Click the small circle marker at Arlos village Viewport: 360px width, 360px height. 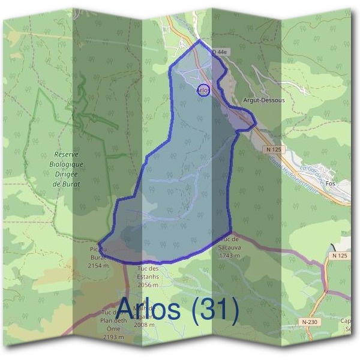(203, 89)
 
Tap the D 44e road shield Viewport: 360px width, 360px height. (221, 53)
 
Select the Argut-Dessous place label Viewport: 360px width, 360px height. (264, 100)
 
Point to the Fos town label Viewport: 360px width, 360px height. (346, 185)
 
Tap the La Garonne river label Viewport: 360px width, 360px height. (312, 173)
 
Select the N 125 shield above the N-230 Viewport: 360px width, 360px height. (339, 256)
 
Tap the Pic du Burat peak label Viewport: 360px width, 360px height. (98, 250)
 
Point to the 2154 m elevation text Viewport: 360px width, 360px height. (98, 265)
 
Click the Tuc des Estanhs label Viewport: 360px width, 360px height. (148, 268)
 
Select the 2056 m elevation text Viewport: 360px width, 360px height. (148, 285)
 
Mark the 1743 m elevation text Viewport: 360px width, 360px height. (230, 256)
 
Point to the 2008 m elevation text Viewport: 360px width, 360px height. (145, 325)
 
